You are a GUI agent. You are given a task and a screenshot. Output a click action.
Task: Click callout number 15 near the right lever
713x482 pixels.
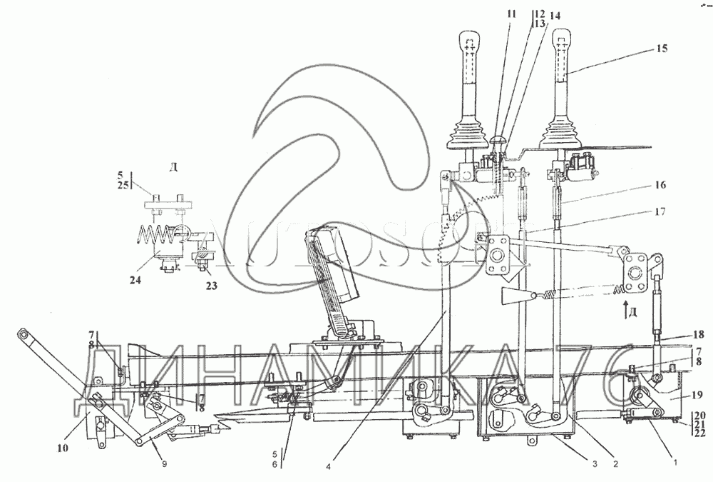click(662, 49)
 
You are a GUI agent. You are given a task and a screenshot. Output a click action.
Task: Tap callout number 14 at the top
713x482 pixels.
click(555, 14)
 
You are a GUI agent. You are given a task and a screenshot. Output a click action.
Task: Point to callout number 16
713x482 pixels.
click(658, 184)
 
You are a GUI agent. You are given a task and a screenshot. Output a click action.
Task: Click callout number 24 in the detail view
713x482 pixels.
click(135, 280)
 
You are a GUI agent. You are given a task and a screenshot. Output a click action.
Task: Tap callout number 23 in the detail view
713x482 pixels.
click(211, 286)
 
